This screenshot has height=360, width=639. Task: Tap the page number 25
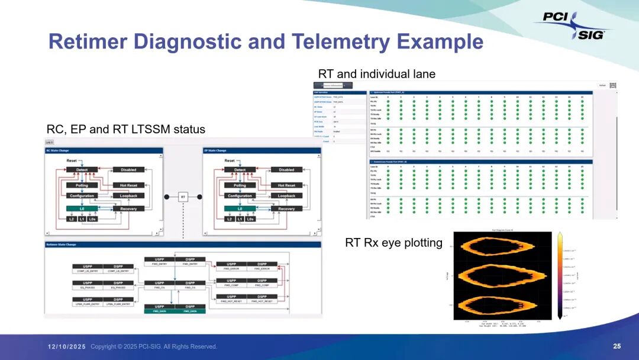pos(617,346)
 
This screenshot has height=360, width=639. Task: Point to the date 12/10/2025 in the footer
pos(67,346)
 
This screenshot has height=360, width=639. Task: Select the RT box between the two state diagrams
pos(183,197)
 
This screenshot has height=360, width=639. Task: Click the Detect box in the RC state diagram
pos(82,170)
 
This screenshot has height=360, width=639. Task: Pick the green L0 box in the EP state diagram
pos(240,208)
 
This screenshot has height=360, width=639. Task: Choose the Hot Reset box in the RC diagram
pos(128,185)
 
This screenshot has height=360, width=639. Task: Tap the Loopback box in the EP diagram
pos(286,196)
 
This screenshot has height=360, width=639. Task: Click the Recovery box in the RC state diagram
pos(128,208)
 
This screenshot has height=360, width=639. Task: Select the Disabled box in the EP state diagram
pos(286,170)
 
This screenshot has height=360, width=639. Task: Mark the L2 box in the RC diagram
pos(71,219)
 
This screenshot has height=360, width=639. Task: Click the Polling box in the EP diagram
pos(240,185)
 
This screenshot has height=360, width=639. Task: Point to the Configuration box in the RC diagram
pos(82,196)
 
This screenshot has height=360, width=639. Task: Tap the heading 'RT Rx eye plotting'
pos(393,243)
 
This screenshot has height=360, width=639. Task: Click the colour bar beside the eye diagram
pos(560,275)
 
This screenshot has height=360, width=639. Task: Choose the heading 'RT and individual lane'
pos(376,74)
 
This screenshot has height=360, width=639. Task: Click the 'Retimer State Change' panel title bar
pos(183,244)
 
